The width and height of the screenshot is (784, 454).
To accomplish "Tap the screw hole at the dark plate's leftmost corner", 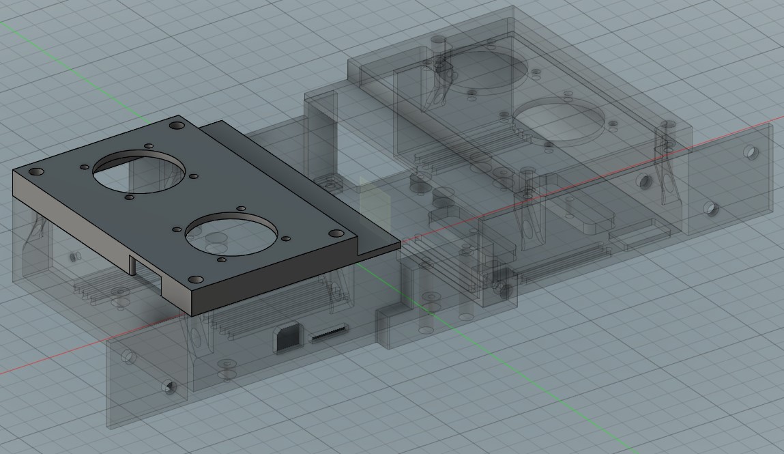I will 32,171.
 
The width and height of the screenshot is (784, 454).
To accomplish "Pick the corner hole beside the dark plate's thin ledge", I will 335,233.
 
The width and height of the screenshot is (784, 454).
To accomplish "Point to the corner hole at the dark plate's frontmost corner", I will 196,279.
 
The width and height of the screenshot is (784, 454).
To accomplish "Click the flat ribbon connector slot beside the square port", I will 330,335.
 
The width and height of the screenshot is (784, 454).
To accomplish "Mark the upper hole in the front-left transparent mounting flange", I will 127,357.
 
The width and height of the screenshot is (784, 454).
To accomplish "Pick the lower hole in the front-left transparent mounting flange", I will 169,388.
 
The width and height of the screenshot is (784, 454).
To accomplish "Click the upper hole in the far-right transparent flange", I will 750,151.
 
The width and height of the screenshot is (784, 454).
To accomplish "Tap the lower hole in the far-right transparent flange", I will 712,208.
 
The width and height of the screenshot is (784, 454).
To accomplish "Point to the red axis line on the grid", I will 41,362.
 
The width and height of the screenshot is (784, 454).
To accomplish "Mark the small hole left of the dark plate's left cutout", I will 85,167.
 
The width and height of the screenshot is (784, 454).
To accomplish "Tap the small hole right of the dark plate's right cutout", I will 286,239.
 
